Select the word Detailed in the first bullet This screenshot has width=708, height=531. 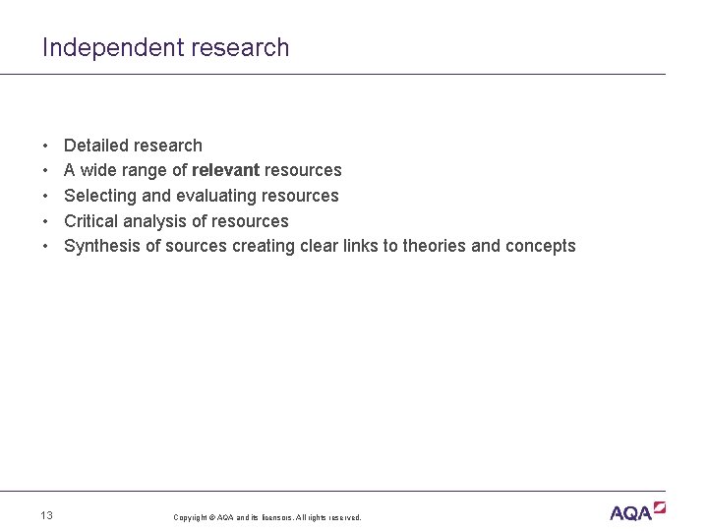96,146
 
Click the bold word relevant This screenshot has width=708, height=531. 225,170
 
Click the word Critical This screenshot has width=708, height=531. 90,221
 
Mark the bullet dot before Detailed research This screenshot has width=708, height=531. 46,146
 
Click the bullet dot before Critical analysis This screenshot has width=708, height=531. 46,221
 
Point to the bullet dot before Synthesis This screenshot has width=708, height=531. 46,246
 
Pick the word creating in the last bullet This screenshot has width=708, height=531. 262,246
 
